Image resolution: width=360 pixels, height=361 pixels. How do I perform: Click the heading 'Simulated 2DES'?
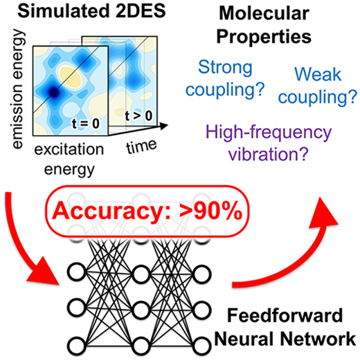click(x=91, y=11)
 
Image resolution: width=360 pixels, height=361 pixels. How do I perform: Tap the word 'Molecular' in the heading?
click(x=264, y=13)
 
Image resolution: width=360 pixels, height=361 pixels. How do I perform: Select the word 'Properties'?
click(x=264, y=37)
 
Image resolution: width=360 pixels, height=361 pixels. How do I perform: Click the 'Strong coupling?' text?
click(x=225, y=78)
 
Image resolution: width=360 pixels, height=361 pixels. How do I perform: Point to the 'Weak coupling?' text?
click(x=318, y=86)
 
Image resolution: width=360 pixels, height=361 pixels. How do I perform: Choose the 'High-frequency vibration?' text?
click(x=269, y=143)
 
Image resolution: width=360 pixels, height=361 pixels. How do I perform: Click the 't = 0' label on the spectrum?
click(x=86, y=123)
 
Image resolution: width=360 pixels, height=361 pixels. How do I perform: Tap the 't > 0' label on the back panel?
click(x=138, y=116)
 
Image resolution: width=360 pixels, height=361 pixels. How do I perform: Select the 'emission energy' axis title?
click(x=17, y=89)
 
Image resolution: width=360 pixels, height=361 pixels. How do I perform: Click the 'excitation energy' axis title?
click(x=69, y=159)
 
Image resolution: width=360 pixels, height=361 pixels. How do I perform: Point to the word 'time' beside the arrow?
click(x=141, y=146)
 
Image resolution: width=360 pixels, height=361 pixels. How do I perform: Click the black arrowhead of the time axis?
click(x=163, y=126)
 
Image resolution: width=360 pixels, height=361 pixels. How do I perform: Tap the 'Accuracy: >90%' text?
click(x=147, y=211)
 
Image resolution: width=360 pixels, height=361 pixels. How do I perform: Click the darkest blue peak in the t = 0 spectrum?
click(x=53, y=92)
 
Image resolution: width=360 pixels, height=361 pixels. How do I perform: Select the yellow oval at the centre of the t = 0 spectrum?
click(x=71, y=75)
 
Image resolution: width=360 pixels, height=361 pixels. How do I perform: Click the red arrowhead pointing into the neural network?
click(x=44, y=272)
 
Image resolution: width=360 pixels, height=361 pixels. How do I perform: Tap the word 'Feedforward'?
click(x=285, y=315)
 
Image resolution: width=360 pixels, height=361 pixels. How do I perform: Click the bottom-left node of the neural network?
click(x=76, y=346)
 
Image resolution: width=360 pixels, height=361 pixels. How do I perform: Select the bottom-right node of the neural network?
click(x=202, y=346)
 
